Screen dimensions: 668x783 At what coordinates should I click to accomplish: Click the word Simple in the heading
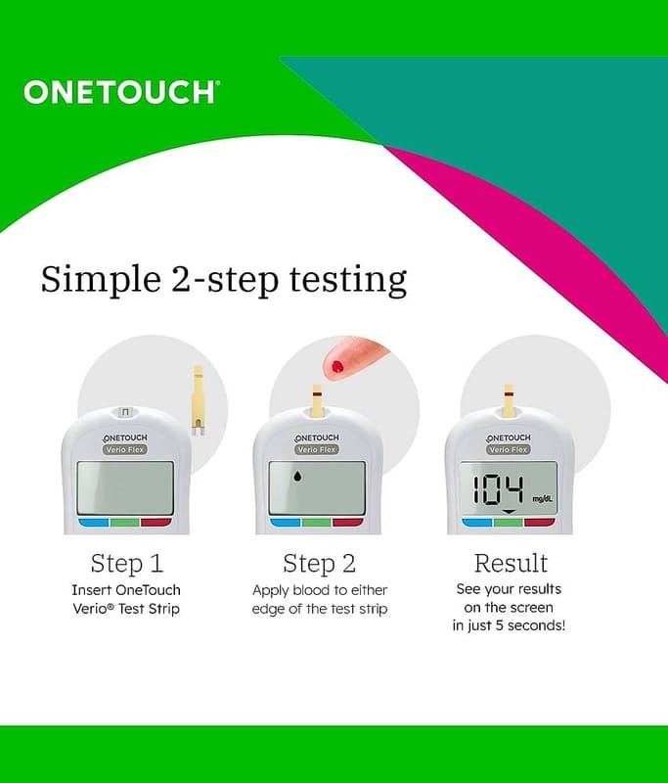pos(101,279)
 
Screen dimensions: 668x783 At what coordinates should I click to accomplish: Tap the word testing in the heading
pos(348,280)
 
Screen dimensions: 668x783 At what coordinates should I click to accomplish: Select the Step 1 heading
pos(127,564)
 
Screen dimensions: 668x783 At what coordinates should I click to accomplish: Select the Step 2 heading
pos(319,564)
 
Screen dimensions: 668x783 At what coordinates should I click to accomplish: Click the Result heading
pos(511,563)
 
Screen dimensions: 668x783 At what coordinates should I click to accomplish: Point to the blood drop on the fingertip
pos(337,367)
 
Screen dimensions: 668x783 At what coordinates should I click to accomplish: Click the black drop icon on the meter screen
pos(297,477)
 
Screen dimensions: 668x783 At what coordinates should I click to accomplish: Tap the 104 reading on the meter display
pos(498,490)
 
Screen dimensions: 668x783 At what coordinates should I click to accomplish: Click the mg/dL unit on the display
pos(542,499)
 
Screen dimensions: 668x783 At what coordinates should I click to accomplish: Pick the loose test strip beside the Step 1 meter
pos(199,400)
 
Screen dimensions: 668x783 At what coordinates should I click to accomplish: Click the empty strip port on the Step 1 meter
pos(125,412)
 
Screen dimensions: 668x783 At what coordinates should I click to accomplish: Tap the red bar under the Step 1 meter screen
pos(156,523)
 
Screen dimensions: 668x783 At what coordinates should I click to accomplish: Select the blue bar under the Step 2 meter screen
pos(286,523)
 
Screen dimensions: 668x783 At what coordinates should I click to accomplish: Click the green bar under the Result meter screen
pos(509,523)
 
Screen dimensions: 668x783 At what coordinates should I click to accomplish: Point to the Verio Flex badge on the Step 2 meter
pos(317,449)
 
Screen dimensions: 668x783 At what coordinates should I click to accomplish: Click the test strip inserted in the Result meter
pos(509,400)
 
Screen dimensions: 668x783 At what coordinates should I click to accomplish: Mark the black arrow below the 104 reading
pos(509,512)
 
